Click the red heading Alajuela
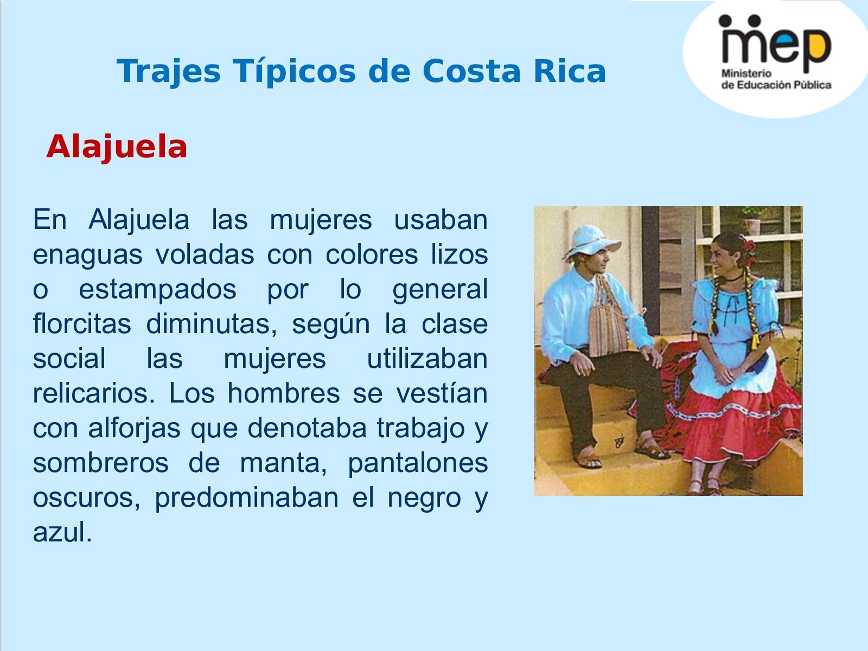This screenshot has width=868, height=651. tap(117, 148)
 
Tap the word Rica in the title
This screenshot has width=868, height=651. tap(570, 71)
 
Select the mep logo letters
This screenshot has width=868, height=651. tap(776, 43)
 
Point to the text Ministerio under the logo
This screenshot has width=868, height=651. tap(746, 74)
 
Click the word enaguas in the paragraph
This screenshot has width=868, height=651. tap(87, 255)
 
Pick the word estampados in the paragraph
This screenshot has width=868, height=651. tap(157, 290)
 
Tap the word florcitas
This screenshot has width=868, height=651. tap(82, 324)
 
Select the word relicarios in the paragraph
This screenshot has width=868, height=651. tap(94, 394)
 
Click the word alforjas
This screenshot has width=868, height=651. tap(135, 429)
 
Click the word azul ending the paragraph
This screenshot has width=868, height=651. tap(62, 533)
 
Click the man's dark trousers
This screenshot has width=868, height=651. tap(609, 395)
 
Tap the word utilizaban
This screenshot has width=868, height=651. tap(427, 359)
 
